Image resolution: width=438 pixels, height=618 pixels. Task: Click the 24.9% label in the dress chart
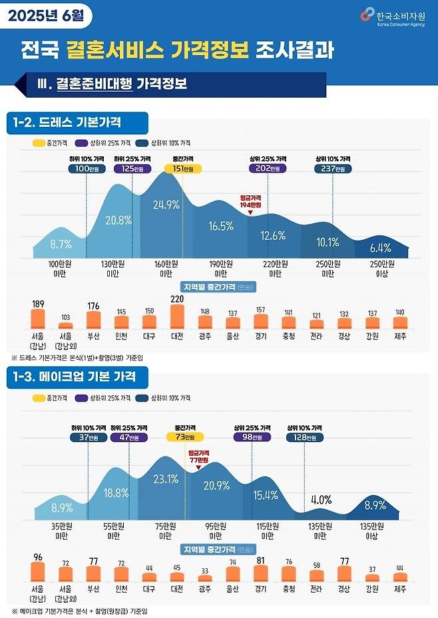coord(166,205)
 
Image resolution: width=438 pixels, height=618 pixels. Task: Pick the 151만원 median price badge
coord(183,169)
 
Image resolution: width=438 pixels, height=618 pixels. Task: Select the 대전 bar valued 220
coord(177,317)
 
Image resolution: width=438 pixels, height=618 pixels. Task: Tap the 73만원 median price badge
coord(184,437)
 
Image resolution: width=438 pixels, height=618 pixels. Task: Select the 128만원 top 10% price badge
coord(306,437)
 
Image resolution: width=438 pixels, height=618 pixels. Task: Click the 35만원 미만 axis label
coord(62,530)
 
